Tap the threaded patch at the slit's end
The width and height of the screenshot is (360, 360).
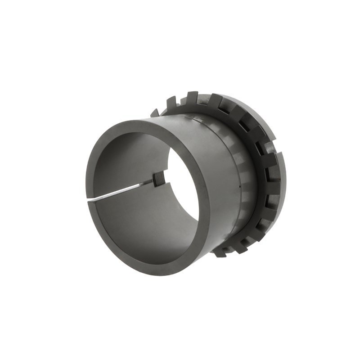click(157, 181)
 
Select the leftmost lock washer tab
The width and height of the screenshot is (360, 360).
click(154, 112)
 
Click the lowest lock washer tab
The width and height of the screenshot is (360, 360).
click(220, 252)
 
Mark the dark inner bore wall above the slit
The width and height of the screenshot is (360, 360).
click(126, 162)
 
